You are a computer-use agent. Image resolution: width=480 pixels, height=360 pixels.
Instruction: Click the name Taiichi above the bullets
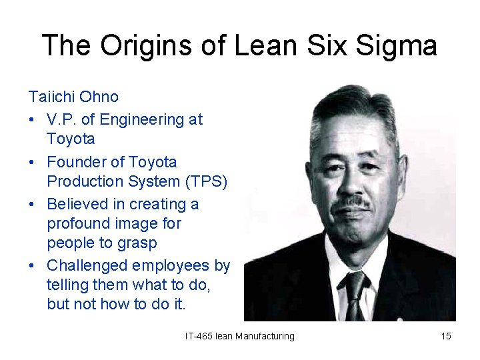(x=51, y=97)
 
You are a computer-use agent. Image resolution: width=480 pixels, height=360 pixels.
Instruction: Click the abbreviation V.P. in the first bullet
(x=61, y=120)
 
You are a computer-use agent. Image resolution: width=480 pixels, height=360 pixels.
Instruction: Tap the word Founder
(x=76, y=162)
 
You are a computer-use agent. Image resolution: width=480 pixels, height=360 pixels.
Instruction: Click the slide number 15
(x=446, y=336)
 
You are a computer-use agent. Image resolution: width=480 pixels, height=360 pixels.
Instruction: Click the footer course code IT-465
(x=199, y=336)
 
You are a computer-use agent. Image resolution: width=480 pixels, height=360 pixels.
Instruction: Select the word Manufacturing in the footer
(x=265, y=336)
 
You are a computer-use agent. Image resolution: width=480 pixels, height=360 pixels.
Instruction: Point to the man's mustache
(x=351, y=201)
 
